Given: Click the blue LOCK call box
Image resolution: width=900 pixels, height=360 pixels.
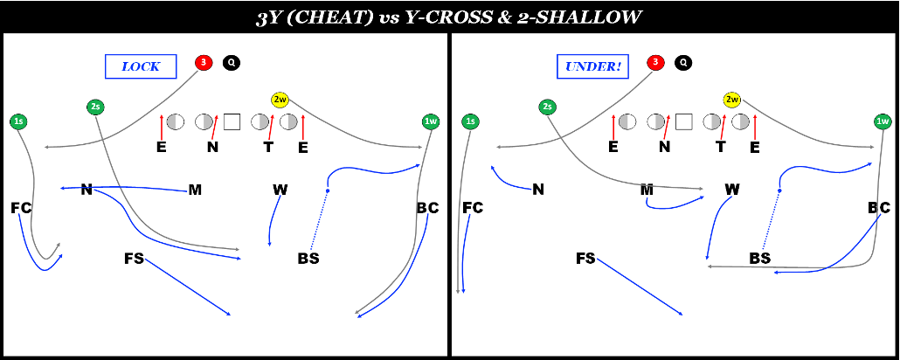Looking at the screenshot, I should pyautogui.click(x=140, y=66).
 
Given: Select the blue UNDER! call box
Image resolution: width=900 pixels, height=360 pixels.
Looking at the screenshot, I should pyautogui.click(x=592, y=66).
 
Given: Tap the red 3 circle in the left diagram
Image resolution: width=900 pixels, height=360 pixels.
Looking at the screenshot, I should pyautogui.click(x=204, y=63).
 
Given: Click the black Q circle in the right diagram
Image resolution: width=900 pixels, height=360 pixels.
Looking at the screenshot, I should pyautogui.click(x=683, y=63).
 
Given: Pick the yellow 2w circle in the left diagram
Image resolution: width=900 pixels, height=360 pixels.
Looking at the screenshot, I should pyautogui.click(x=280, y=100).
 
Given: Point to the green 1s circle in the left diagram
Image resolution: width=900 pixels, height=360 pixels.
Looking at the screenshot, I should pyautogui.click(x=18, y=121).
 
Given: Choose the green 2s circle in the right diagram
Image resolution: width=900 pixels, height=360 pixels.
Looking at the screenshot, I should pyautogui.click(x=547, y=107).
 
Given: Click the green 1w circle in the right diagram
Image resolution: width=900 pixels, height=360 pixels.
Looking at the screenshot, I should pyautogui.click(x=883, y=121).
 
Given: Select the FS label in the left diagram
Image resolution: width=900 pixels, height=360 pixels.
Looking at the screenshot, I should pyautogui.click(x=134, y=259).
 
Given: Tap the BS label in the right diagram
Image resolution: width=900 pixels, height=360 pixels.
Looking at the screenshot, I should pyautogui.click(x=759, y=259).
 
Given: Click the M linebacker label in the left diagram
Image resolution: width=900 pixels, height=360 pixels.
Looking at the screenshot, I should pyautogui.click(x=195, y=190).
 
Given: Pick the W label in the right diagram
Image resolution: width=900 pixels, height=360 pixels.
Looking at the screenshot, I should pyautogui.click(x=732, y=190).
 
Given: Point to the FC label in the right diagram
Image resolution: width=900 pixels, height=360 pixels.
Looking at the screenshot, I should pyautogui.click(x=473, y=208).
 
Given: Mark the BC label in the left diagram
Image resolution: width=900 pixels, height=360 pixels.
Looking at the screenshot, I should pyautogui.click(x=427, y=208).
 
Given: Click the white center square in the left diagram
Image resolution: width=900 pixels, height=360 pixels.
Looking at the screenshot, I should pyautogui.click(x=232, y=121).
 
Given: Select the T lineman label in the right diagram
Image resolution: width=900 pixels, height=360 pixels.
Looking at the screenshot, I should pyautogui.click(x=721, y=147).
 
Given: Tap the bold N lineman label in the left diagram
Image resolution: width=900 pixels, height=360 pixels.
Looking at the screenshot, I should pyautogui.click(x=212, y=147).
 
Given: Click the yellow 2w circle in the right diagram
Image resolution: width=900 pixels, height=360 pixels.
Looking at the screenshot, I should pyautogui.click(x=732, y=100).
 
